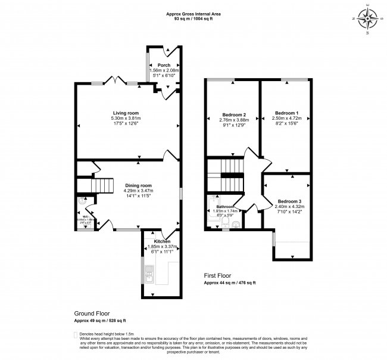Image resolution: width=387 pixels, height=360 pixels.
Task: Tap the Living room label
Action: click(126, 113)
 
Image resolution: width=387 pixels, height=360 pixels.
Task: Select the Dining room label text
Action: click(138, 185)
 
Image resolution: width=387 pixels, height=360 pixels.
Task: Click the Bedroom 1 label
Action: click(286, 113)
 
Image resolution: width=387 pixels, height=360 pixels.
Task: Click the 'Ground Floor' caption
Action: click(92, 313)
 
